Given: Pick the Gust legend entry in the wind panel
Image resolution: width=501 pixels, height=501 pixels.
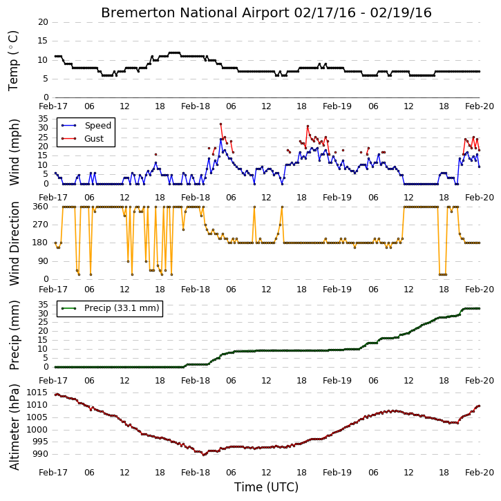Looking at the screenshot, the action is coord(82,139).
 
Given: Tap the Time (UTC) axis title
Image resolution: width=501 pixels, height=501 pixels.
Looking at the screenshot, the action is coord(266,487).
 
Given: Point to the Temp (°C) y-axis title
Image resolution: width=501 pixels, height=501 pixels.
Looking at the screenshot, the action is coord(13,61).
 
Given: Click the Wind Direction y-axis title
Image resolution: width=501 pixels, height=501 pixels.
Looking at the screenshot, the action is coord(15,243).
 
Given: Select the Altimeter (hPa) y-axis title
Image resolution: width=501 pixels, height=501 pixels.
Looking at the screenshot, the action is coord(15,427).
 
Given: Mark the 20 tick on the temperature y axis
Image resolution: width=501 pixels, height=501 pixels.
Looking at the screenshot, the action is coord(43,22).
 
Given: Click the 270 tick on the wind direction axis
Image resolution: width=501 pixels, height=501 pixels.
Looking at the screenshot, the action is coord(41,225).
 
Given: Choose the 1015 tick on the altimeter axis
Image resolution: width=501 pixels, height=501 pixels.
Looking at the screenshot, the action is coord(37,393).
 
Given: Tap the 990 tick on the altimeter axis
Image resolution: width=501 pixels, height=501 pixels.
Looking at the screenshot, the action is coord(40,454).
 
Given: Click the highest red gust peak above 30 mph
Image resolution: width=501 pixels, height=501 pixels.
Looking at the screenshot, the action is coord(220,124).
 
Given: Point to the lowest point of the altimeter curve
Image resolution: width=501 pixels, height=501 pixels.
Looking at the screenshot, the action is coord(204,455).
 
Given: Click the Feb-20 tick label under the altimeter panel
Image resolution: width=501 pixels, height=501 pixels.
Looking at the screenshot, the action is coord(480,472).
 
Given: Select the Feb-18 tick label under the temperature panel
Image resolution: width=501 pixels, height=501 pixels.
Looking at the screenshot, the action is coord(196,106).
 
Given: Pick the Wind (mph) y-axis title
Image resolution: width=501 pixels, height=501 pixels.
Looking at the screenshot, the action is coord(15,152).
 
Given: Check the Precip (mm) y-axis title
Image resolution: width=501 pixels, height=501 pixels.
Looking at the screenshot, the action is coord(15,335).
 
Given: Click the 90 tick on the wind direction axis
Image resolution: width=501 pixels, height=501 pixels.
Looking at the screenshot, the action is coord(43,261).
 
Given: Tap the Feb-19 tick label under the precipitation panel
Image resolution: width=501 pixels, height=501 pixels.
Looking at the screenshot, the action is coord(337,381).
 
